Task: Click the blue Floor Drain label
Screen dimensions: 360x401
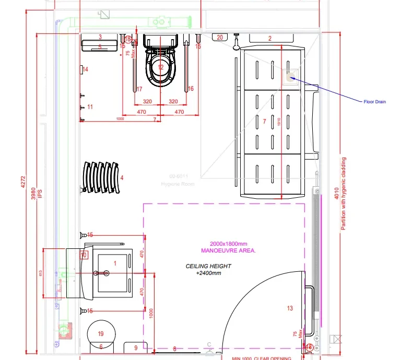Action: point(374,102)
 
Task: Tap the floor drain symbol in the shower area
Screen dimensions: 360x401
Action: point(291,78)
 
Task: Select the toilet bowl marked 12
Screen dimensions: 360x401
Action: point(160,68)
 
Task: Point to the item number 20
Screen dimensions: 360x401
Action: point(220,38)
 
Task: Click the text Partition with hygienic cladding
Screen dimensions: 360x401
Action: point(344,194)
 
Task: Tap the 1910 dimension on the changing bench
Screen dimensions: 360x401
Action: point(279,122)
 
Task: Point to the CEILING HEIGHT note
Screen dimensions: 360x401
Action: point(208,269)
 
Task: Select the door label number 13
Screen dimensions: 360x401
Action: point(290,308)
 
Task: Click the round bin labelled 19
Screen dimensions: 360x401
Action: point(101,333)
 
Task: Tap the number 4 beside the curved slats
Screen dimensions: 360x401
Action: point(122,178)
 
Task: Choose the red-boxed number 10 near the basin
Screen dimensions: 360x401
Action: point(83,255)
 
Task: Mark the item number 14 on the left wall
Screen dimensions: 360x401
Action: point(85,69)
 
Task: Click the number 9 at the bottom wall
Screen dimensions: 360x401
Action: point(135,347)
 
